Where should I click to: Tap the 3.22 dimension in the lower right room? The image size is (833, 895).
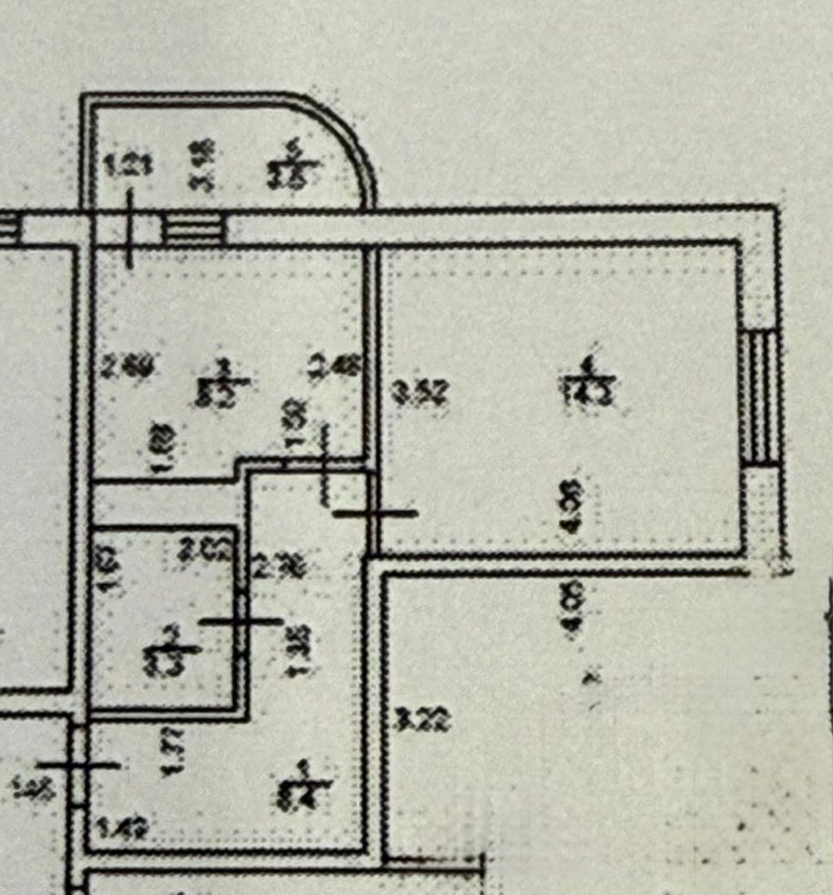click(x=423, y=719)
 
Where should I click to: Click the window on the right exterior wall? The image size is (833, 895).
click(x=760, y=396)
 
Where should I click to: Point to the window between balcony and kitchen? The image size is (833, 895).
click(x=195, y=228)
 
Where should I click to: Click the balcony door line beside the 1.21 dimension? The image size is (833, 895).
click(x=129, y=228)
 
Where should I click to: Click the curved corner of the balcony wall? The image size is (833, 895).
click(x=349, y=140)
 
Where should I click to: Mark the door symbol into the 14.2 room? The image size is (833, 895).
click(x=376, y=512)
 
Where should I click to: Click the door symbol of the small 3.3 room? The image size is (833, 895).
click(x=241, y=620)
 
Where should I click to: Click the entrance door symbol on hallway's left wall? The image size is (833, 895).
click(x=78, y=764)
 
